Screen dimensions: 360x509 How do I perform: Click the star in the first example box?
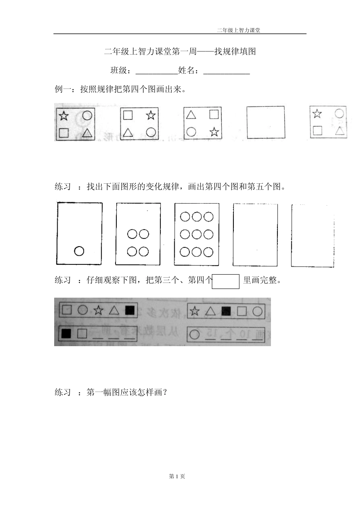pyautogui.click(x=64, y=116)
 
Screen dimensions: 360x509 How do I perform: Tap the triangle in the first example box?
pyautogui.click(x=88, y=133)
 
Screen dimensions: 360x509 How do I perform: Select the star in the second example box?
pyautogui.click(x=151, y=115)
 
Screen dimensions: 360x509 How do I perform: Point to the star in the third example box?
pyautogui.click(x=214, y=132)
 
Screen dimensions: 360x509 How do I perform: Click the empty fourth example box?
pyautogui.click(x=266, y=122)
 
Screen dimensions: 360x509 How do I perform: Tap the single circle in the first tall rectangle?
pyautogui.click(x=79, y=251)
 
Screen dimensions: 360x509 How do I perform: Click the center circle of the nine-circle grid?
pyautogui.click(x=197, y=234)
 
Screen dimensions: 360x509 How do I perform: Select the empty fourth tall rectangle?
pyautogui.click(x=255, y=235)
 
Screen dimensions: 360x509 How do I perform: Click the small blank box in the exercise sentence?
pyautogui.click(x=226, y=281)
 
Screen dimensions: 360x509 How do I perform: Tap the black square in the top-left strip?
pyautogui.click(x=130, y=310)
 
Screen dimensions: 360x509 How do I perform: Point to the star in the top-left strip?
pyautogui.click(x=99, y=311)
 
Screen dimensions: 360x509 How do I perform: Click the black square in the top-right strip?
pyautogui.click(x=226, y=311)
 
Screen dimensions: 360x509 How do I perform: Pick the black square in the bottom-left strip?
pyautogui.click(x=66, y=333)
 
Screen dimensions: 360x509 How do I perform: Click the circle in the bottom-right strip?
pyautogui.click(x=194, y=334)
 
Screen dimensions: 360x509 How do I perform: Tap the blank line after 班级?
pyautogui.click(x=157, y=71)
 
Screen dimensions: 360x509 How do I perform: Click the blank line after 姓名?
pyautogui.click(x=227, y=71)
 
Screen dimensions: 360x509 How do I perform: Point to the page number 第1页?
pyautogui.click(x=177, y=476)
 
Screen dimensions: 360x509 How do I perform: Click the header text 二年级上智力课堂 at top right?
pyautogui.click(x=238, y=31)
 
